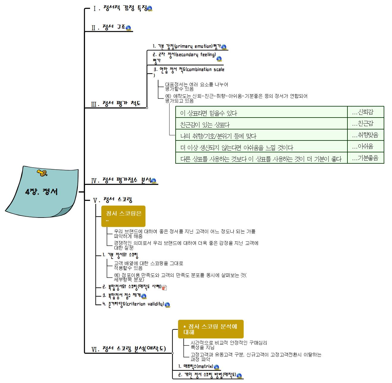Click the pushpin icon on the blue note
tap(42, 173)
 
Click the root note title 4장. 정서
tap(41, 191)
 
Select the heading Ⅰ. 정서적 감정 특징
tap(120, 8)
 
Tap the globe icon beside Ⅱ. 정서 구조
tap(128, 28)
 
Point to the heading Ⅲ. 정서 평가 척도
tap(116, 104)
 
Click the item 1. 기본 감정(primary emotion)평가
tap(187, 46)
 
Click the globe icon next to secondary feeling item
tap(219, 59)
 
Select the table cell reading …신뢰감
tap(366, 112)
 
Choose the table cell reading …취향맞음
tap(366, 135)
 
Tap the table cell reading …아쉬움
tap(366, 146)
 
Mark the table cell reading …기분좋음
tap(366, 158)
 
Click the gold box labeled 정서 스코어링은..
tap(123, 216)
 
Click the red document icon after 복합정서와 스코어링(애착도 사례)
tap(164, 287)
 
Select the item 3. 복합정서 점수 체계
tap(122, 296)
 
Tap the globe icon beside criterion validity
tap(167, 304)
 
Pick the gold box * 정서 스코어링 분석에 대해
tap(210, 329)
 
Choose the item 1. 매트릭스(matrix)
tap(196, 367)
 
